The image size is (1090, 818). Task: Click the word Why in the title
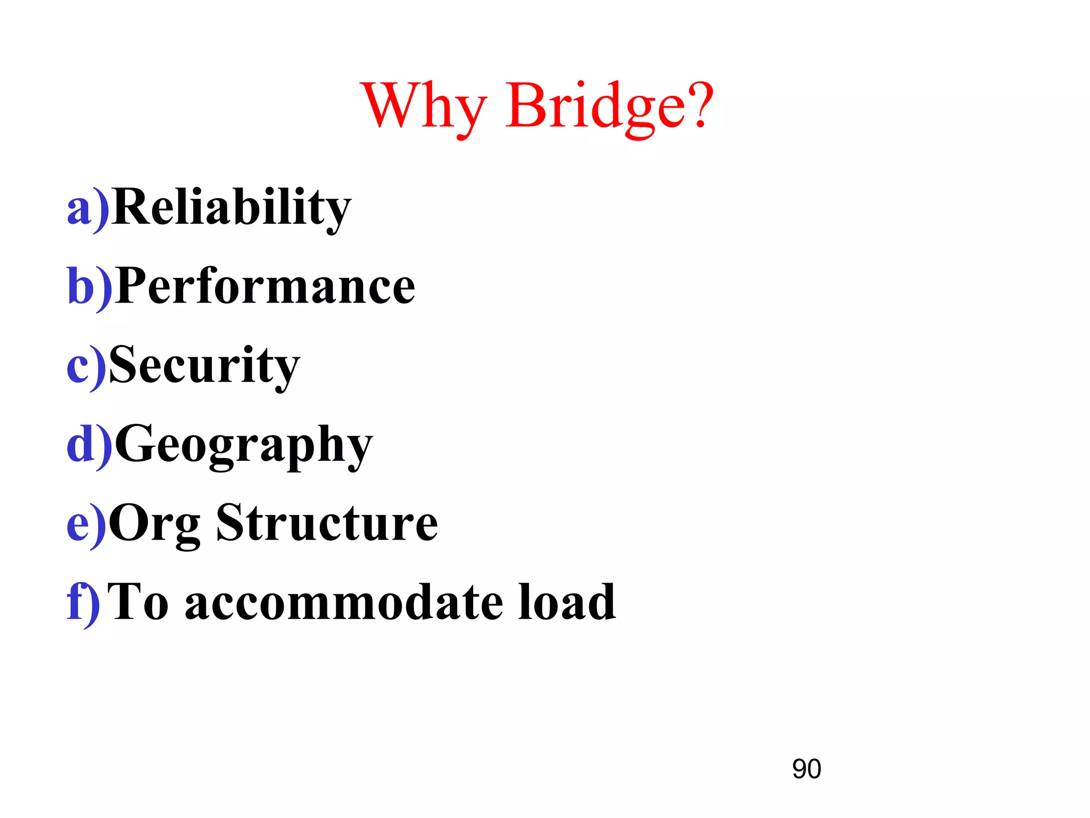click(424, 107)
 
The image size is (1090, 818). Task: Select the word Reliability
click(232, 208)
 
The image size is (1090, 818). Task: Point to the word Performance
click(265, 287)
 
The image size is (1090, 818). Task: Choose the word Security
click(204, 365)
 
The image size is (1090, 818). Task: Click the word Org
click(154, 523)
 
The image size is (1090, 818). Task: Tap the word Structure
click(327, 523)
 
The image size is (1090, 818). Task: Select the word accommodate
click(344, 602)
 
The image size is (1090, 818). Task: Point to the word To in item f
click(137, 602)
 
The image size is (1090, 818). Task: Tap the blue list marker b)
click(89, 287)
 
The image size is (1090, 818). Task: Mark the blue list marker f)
click(83, 602)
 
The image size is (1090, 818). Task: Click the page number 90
click(806, 769)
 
